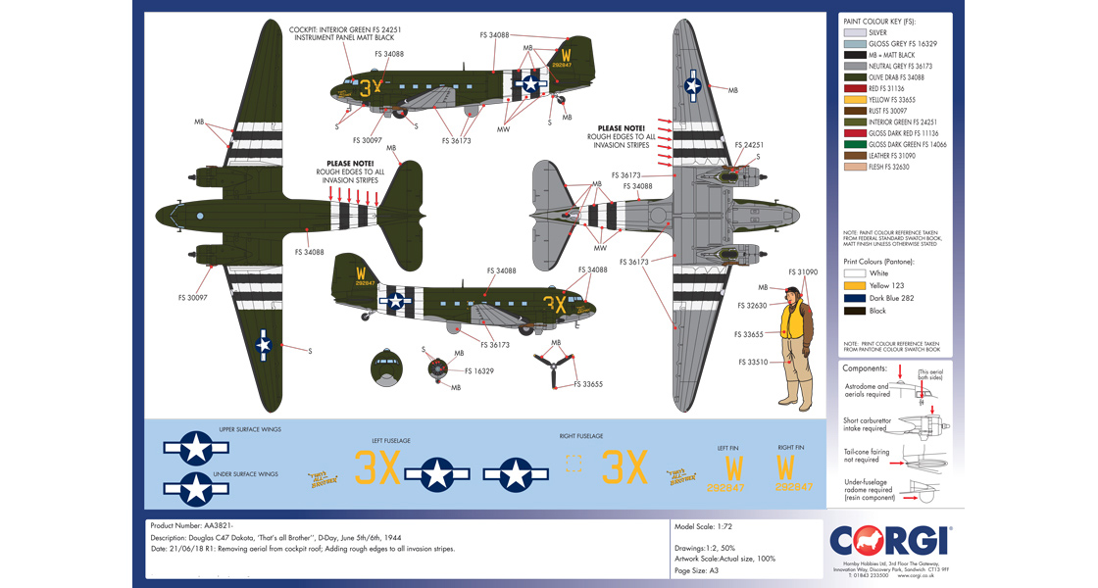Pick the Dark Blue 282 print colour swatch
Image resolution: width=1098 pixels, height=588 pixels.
click(855, 297)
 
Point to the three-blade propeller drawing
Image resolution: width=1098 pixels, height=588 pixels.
click(556, 370)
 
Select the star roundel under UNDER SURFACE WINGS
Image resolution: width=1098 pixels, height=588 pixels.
click(197, 488)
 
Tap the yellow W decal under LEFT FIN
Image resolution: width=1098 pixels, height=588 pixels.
click(727, 468)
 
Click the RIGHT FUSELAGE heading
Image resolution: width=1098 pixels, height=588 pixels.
click(582, 435)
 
